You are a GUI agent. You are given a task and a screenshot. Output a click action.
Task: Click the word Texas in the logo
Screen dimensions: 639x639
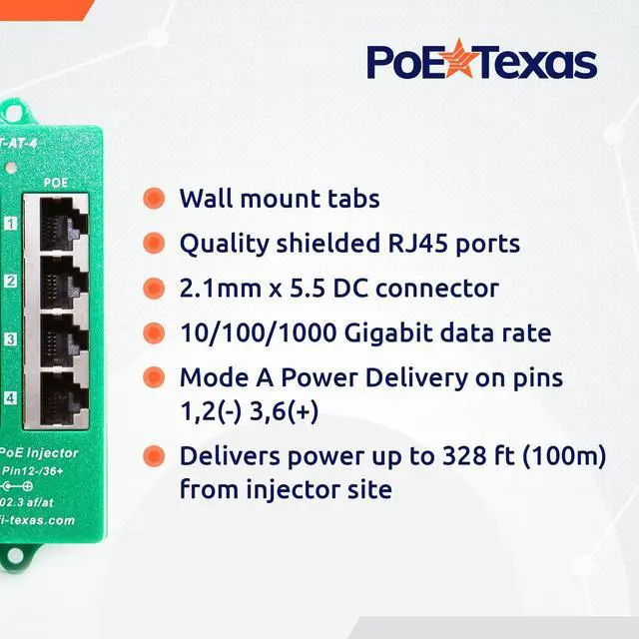tap(532, 62)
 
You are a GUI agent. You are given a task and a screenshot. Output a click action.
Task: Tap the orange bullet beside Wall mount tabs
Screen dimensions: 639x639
tap(154, 198)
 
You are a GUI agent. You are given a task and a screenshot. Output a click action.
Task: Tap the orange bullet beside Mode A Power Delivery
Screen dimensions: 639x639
tap(154, 378)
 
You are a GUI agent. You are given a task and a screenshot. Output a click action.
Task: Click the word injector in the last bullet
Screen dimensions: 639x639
tap(291, 490)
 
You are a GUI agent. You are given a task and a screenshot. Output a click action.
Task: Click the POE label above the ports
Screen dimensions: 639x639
tap(56, 184)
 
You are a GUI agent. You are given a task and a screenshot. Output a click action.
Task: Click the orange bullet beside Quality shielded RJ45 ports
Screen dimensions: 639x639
tap(154, 243)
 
